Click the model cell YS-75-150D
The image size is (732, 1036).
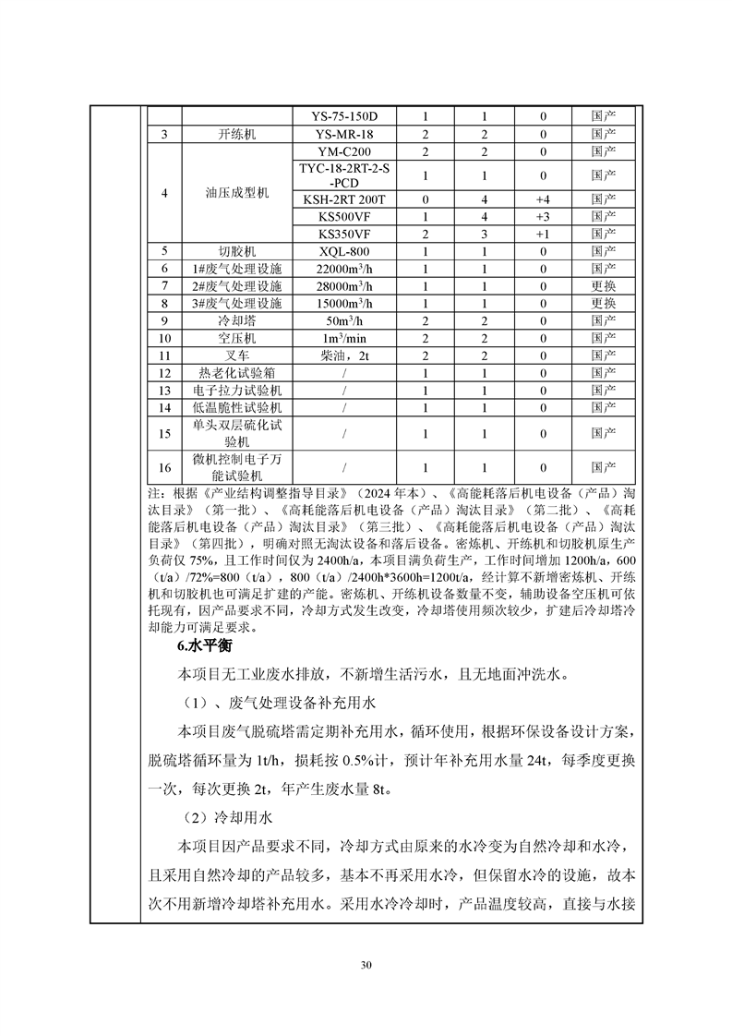point(342,117)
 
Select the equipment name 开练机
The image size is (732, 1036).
point(236,135)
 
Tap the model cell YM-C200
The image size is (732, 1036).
point(342,151)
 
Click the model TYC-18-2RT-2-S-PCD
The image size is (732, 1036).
point(342,175)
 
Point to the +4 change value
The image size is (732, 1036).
point(543,199)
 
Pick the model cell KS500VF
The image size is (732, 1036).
point(342,217)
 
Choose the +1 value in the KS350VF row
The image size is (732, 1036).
point(543,234)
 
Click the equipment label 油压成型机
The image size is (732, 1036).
point(236,193)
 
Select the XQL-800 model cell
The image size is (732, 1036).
point(342,251)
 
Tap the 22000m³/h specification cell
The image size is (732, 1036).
point(342,268)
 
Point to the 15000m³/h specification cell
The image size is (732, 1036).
point(342,303)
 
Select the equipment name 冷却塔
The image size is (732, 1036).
point(236,320)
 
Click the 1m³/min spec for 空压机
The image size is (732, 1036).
point(342,338)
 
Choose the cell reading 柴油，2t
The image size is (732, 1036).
point(342,355)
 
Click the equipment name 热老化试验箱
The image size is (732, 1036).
point(236,373)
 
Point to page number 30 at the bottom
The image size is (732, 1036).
point(366,966)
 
